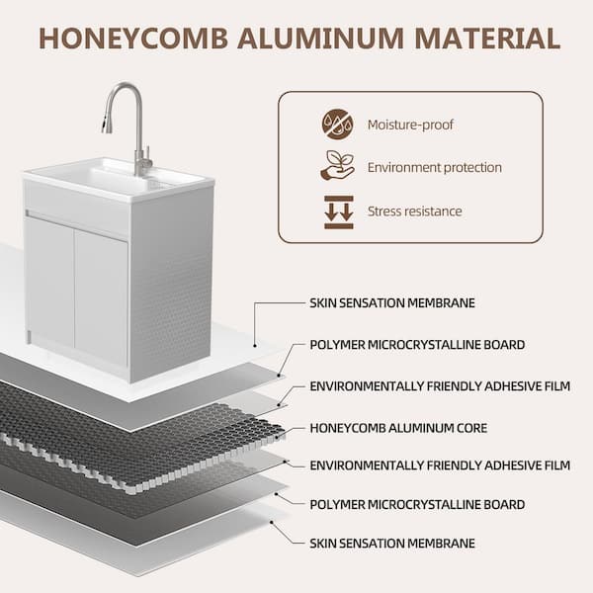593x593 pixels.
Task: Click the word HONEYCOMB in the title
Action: click(x=133, y=39)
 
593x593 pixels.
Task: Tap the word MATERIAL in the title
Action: click(x=487, y=39)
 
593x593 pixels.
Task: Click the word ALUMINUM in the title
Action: click(x=320, y=39)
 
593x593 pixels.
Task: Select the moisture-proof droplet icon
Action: click(x=338, y=125)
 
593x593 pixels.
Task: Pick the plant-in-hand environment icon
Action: click(x=338, y=165)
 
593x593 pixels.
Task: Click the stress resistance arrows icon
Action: click(x=339, y=212)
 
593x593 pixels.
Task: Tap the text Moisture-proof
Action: click(x=410, y=125)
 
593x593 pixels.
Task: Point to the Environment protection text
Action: click(x=435, y=167)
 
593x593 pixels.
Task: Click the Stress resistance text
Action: click(x=414, y=212)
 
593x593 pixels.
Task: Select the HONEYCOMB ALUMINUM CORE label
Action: click(x=398, y=428)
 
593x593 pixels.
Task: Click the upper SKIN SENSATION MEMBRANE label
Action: click(x=392, y=303)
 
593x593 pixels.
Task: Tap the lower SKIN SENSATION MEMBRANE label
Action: click(x=392, y=543)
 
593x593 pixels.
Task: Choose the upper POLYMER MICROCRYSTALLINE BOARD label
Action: click(x=417, y=345)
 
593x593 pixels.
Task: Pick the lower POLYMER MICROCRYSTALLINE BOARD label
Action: click(x=417, y=504)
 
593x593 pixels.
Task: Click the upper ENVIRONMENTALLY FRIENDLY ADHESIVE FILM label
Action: click(x=440, y=386)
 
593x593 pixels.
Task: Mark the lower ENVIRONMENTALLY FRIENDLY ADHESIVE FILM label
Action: click(x=440, y=466)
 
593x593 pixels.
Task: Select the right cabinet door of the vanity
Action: click(x=102, y=296)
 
